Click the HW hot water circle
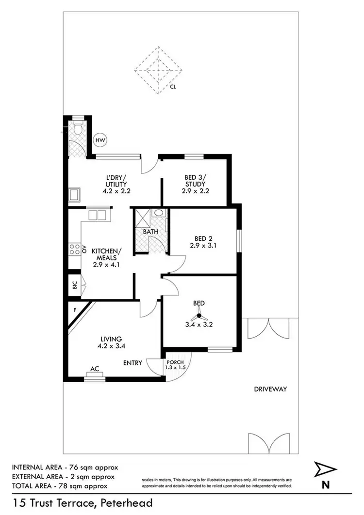(100, 140)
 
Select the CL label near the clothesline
(173, 88)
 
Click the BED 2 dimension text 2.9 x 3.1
(204, 245)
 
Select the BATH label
(150, 232)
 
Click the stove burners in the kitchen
(74, 250)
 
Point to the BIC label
(75, 285)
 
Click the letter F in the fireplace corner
(75, 309)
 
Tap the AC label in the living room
(95, 369)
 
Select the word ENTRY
(132, 363)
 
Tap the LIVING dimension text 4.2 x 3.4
(111, 346)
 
